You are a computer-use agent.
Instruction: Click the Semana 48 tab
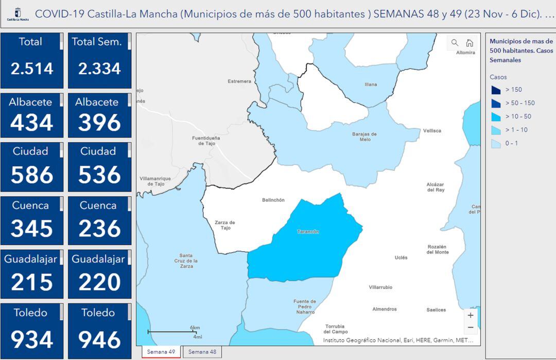pos(202,352)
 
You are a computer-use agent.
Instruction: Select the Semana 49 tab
pos(161,352)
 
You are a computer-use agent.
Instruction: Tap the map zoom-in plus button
pos(470,315)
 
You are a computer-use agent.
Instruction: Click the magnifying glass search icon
pos(455,43)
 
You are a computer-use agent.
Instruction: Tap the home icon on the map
pos(470,43)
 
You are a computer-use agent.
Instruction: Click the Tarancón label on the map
pos(308,232)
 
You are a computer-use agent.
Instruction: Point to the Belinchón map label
pos(273,200)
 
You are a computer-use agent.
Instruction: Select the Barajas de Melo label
pos(364,136)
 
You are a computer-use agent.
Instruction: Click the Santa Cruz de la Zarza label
pos(186,261)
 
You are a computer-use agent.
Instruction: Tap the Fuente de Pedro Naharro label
pos(304,306)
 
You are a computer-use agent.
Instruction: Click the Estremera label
pos(239,81)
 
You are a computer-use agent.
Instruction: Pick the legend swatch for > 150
pos(496,90)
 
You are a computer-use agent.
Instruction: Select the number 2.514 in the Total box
pos(32,68)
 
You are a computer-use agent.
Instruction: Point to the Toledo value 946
pos(99,340)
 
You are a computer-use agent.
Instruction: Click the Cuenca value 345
pos(32,229)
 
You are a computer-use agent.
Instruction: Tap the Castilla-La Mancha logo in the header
pos(18,13)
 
